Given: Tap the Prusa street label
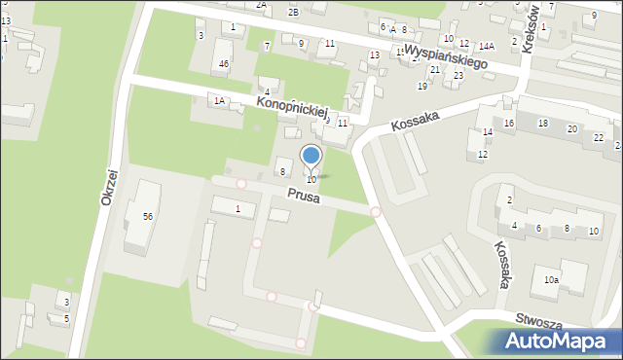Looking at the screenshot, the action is point(302,196).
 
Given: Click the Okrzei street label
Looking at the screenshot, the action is point(108,183).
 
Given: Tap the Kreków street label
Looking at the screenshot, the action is point(530,33).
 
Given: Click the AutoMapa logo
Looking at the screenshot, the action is point(559,342).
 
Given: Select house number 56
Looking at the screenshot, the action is point(147,216).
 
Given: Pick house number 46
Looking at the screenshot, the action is point(224,64).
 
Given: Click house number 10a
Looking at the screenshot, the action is point(551,280).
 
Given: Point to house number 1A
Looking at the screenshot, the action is point(220,100).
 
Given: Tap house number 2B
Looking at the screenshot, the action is point(293,12).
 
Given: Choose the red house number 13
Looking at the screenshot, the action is point(374,55).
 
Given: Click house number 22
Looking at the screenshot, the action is point(598,137).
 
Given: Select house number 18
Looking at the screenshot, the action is point(543,123).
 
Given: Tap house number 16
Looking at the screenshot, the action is point(508,124).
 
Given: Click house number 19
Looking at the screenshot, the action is point(422,87).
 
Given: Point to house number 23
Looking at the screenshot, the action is point(458,76).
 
